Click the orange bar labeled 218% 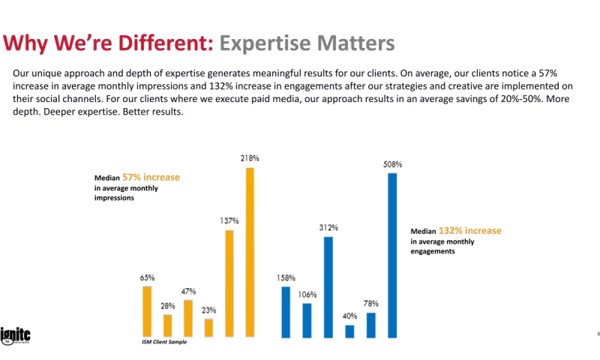click(x=250, y=252)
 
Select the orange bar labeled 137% click(x=229, y=283)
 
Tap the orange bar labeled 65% click(x=147, y=311)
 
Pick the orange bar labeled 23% click(x=208, y=328)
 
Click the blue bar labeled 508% click(x=391, y=255)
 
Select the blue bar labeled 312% click(x=328, y=286)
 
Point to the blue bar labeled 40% click(x=349, y=331)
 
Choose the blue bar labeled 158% click(x=286, y=312)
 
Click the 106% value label click(x=307, y=294)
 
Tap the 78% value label click(x=370, y=304)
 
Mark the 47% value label click(x=188, y=291)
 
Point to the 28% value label click(x=167, y=305)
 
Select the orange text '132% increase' click(x=470, y=231)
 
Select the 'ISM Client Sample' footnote click(x=164, y=342)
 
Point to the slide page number click(x=598, y=334)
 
